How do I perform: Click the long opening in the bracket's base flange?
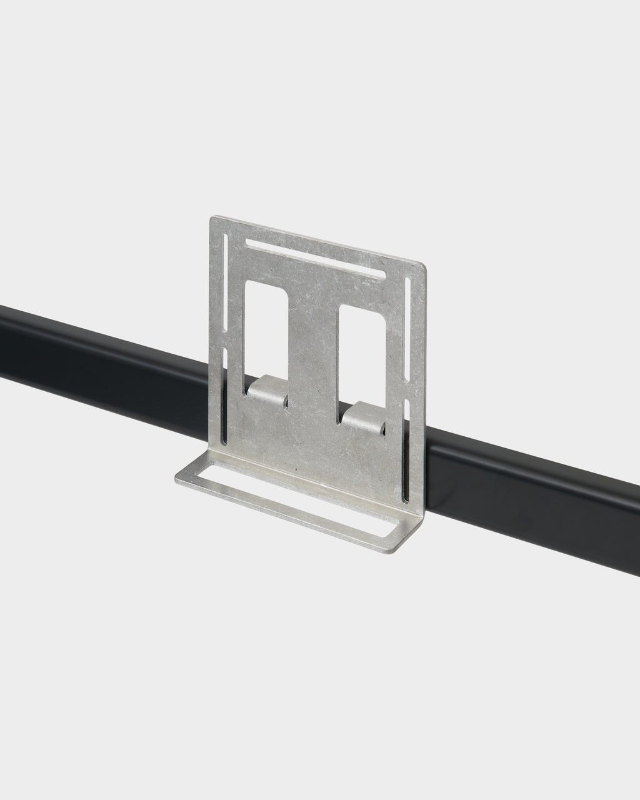tap(300, 500)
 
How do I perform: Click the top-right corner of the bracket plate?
tap(425, 268)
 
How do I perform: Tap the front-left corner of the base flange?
tap(176, 482)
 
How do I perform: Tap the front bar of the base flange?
tap(281, 516)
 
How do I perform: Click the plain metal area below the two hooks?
tap(312, 450)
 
